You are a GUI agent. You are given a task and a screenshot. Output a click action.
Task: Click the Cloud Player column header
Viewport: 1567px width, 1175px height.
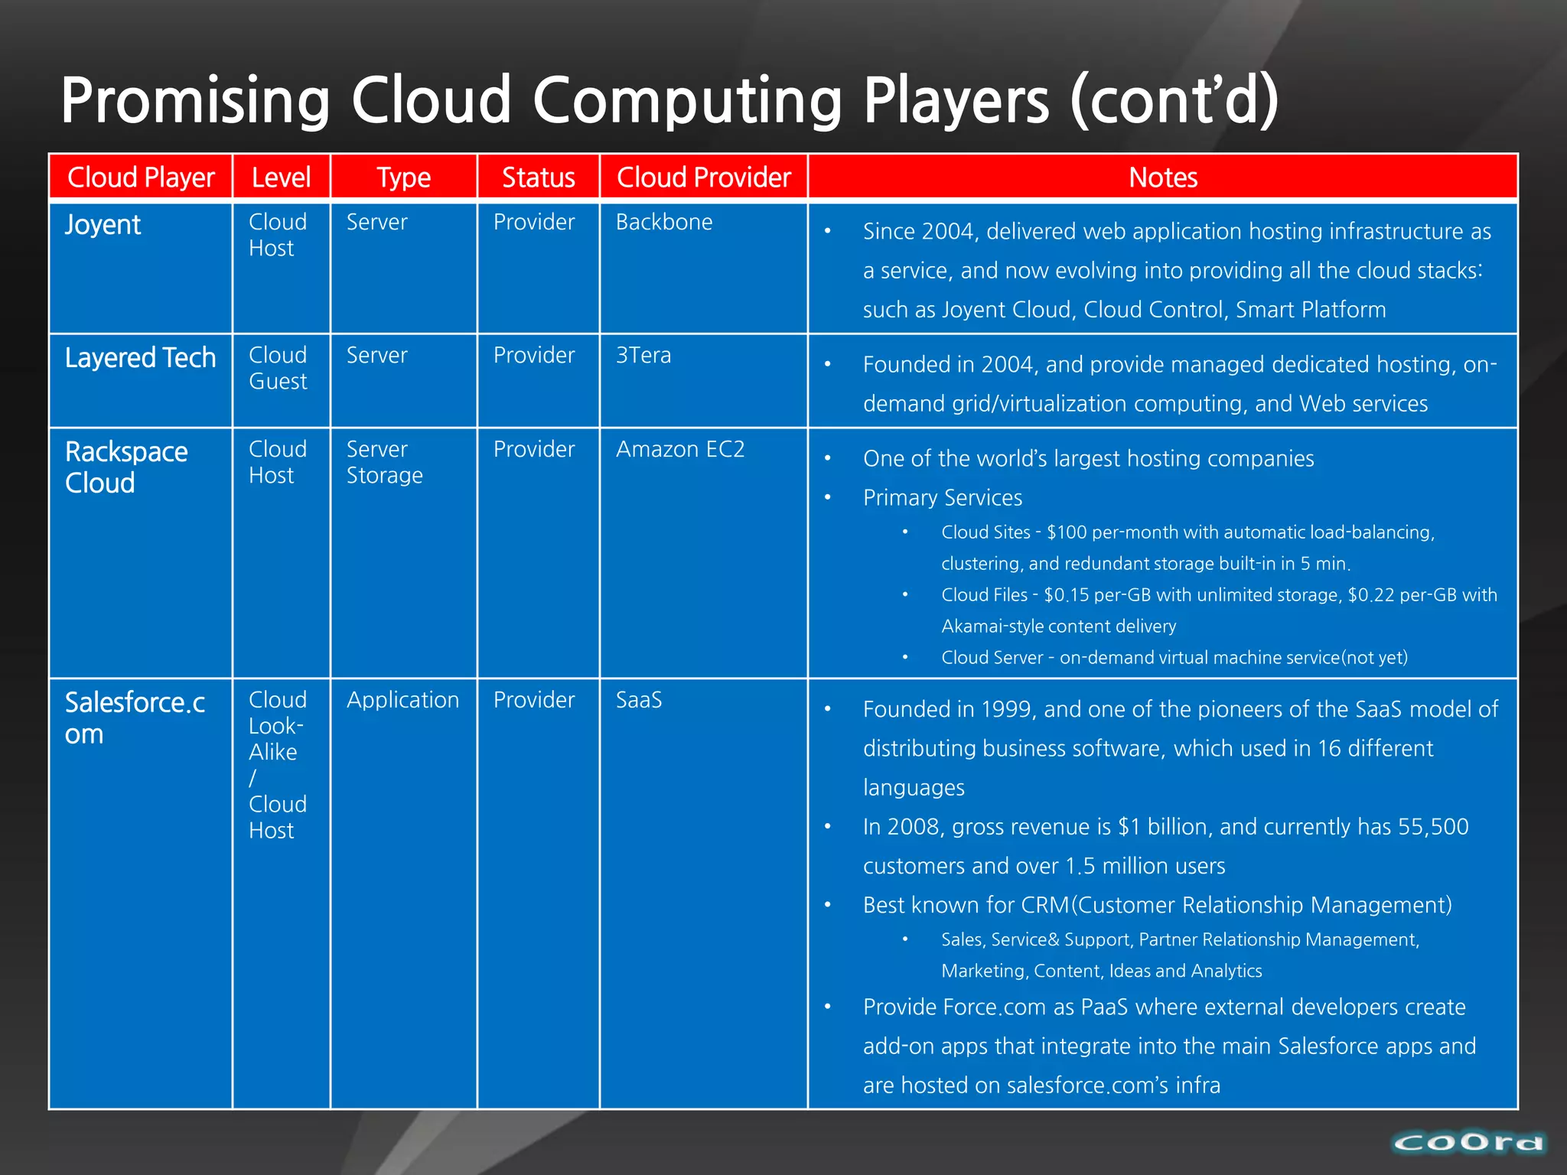click(141, 177)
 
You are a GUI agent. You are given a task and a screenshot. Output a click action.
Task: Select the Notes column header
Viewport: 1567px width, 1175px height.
click(1162, 177)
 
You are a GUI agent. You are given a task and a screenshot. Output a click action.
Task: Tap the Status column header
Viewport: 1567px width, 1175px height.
click(538, 177)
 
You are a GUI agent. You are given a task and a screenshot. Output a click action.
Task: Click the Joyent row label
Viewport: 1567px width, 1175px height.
click(103, 225)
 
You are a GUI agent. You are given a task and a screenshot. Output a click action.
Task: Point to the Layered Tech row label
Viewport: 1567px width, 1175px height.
click(140, 358)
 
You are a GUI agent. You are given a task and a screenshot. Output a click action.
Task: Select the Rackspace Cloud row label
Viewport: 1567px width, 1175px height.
click(125, 467)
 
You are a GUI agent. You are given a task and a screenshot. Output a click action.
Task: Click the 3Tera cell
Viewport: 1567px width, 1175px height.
click(643, 356)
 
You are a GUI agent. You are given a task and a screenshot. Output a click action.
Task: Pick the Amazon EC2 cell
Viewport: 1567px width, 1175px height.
click(679, 449)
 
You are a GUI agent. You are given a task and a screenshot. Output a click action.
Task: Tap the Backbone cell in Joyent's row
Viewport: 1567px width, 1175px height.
click(663, 223)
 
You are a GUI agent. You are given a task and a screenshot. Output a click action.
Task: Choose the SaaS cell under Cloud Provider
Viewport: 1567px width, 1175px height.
click(639, 700)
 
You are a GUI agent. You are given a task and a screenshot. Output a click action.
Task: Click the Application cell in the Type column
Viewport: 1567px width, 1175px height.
click(402, 700)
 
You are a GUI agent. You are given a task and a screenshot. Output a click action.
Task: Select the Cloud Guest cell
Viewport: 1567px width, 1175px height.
click(278, 368)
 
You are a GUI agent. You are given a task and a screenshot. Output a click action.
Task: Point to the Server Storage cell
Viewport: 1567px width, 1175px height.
click(384, 462)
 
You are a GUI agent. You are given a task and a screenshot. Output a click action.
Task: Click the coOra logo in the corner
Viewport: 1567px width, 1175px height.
click(1468, 1143)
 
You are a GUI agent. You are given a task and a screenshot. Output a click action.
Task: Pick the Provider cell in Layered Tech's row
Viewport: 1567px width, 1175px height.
click(533, 356)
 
